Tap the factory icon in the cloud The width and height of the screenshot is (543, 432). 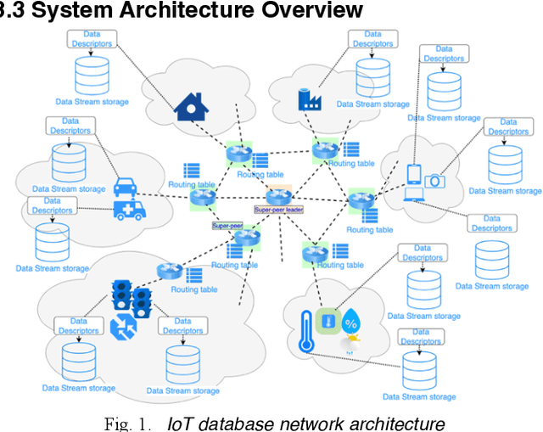310,99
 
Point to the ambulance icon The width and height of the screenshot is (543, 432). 130,209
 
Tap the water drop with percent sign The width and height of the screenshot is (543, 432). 351,322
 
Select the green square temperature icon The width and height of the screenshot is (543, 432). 327,322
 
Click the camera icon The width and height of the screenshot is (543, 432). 434,181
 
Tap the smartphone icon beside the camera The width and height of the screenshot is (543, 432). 415,175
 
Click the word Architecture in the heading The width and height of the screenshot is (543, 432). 180,10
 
